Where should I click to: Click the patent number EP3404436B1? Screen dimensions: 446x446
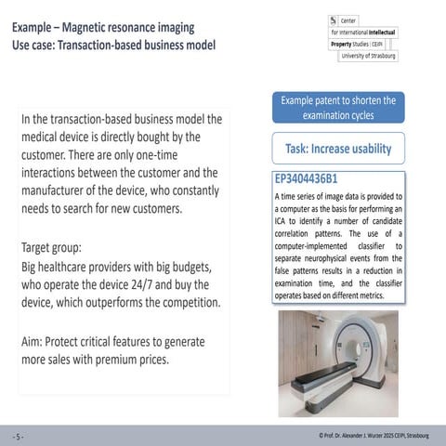point(306,179)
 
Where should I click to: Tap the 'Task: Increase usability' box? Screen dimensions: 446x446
point(337,149)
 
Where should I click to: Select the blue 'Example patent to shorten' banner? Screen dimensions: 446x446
point(337,108)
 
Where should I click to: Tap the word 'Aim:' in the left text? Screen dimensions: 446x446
point(35,341)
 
